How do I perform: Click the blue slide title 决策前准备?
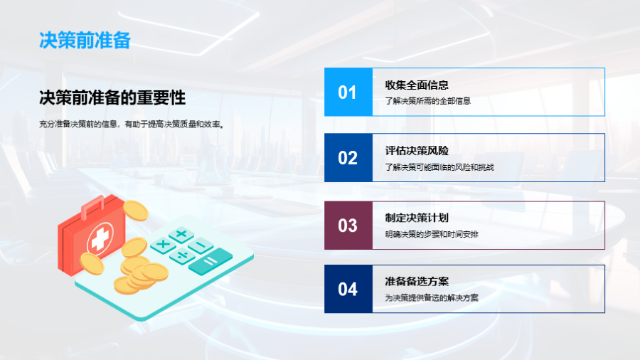pos(85,41)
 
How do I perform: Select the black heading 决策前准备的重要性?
pos(112,97)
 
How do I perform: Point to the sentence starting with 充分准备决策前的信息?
pos(132,124)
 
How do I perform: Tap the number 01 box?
pos(348,92)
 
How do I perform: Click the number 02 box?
pos(348,157)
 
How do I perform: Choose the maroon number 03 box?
pos(348,226)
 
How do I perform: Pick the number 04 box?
pos(348,289)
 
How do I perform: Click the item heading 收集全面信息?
pos(417,85)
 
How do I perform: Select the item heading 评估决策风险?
pos(417,151)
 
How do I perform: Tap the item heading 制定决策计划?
pos(417,218)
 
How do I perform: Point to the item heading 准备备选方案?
pos(417,281)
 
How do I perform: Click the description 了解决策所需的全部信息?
pos(428,101)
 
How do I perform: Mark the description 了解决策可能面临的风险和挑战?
pos(439,167)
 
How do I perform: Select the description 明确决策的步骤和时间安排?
pos(432,234)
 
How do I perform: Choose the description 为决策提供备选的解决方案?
pos(432,297)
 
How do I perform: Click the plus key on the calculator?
pos(181,234)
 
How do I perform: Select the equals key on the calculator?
pos(210,261)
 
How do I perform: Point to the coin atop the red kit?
pos(136,210)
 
